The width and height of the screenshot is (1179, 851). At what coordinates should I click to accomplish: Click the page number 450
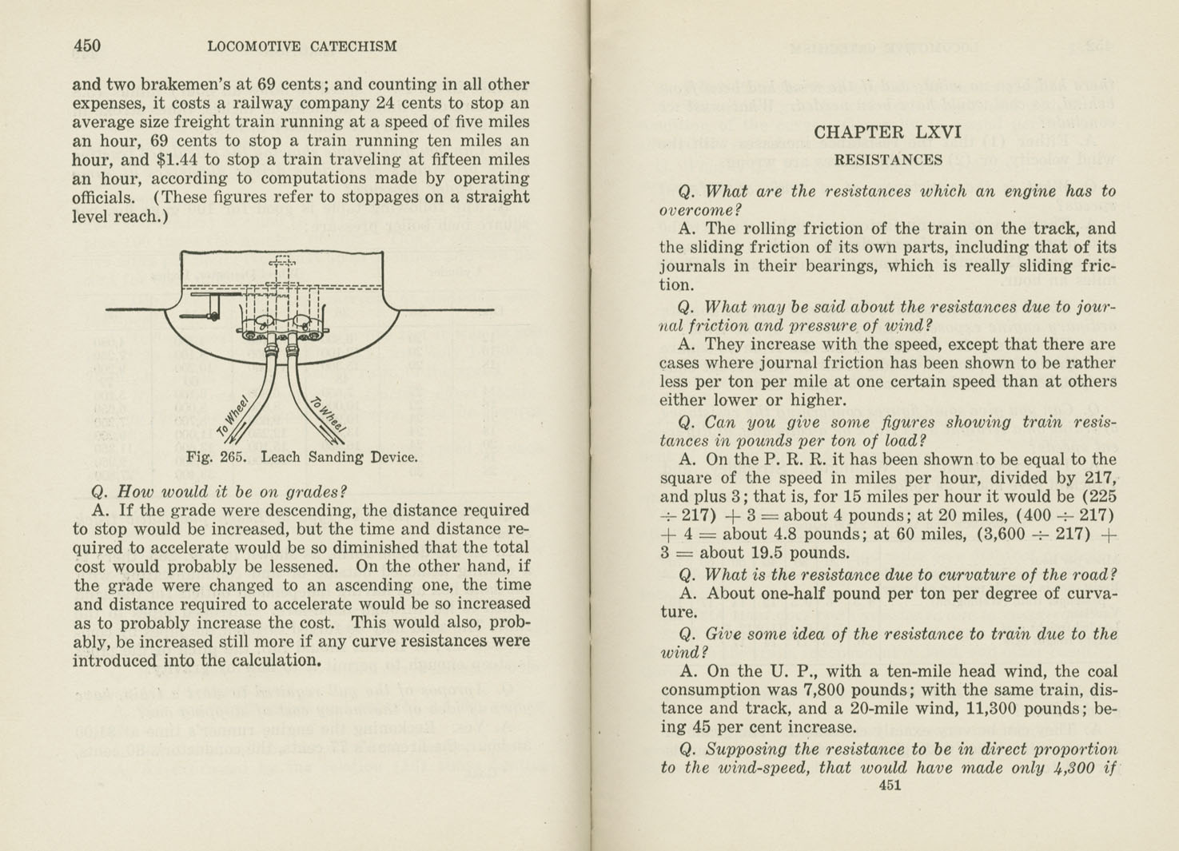[x=87, y=46]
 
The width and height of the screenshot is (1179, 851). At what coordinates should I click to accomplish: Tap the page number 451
[x=890, y=785]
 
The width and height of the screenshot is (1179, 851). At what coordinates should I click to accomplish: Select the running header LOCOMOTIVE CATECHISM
[x=301, y=46]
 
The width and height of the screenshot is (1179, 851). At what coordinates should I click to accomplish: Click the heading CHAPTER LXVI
[x=887, y=132]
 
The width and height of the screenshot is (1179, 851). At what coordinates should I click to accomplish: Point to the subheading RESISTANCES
[x=888, y=160]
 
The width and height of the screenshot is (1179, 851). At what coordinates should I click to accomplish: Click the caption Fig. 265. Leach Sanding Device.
[x=301, y=457]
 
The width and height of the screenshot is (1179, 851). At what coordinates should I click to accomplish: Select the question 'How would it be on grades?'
[x=220, y=491]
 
